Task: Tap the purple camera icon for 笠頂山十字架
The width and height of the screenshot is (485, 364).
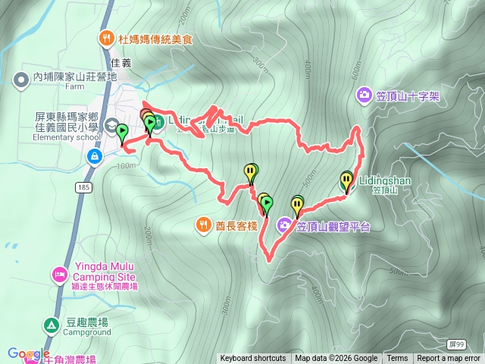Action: [365, 96]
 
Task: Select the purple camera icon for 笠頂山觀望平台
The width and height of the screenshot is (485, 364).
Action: [284, 224]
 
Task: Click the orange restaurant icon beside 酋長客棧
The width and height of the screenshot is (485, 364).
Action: [204, 224]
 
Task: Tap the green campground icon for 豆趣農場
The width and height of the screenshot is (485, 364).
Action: [51, 325]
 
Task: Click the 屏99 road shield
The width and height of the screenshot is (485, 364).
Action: [456, 344]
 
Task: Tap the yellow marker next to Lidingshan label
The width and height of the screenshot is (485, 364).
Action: [346, 182]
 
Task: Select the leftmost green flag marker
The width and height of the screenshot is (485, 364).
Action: [122, 133]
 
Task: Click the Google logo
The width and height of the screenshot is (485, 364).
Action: [28, 353]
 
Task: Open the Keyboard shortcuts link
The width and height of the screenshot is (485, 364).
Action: [253, 359]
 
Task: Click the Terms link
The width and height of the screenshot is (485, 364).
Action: [397, 359]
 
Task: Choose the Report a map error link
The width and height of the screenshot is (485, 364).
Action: [449, 359]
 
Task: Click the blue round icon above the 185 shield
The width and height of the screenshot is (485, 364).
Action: [94, 157]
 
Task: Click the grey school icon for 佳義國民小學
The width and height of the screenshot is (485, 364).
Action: [112, 125]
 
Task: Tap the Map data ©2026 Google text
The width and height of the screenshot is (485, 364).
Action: [336, 359]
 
